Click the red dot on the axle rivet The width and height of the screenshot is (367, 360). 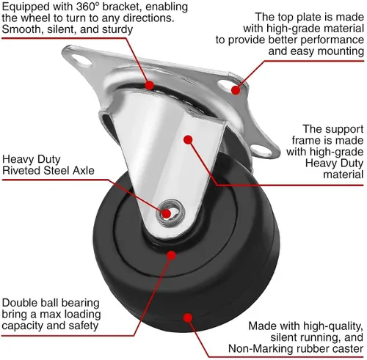(167, 213)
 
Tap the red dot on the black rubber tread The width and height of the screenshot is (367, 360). (188, 317)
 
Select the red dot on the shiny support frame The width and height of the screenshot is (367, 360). (188, 139)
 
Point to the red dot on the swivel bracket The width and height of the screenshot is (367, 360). (149, 85)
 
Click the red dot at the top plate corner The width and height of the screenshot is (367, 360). (236, 90)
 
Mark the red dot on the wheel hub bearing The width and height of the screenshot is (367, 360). (171, 255)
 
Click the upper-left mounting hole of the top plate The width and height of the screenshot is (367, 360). (82, 60)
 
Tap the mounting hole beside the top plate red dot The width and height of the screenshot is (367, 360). (225, 84)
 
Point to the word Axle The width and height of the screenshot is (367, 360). (84, 171)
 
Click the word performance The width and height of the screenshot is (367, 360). (333, 40)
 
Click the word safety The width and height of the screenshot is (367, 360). (84, 326)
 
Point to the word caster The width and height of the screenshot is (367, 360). (349, 349)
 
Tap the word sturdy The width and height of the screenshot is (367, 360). (117, 29)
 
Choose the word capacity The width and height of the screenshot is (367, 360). (23, 326)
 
